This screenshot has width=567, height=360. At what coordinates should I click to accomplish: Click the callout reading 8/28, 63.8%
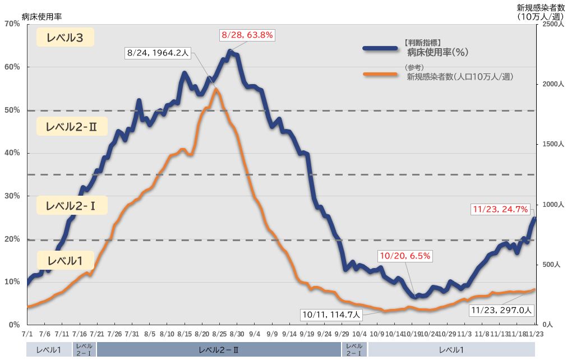coord(247,35)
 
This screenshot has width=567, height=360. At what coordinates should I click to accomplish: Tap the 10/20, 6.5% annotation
coord(405,256)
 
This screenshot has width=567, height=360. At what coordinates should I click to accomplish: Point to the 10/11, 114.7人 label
coord(331,314)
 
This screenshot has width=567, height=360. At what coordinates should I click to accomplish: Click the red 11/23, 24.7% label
coord(500,209)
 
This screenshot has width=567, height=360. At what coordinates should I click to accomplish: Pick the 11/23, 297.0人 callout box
coord(501,310)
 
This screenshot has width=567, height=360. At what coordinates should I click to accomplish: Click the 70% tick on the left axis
coord(12,24)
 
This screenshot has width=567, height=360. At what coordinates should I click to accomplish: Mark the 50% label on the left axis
coord(12,110)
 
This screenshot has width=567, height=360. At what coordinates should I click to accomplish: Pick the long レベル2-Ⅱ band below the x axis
coord(219,350)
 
